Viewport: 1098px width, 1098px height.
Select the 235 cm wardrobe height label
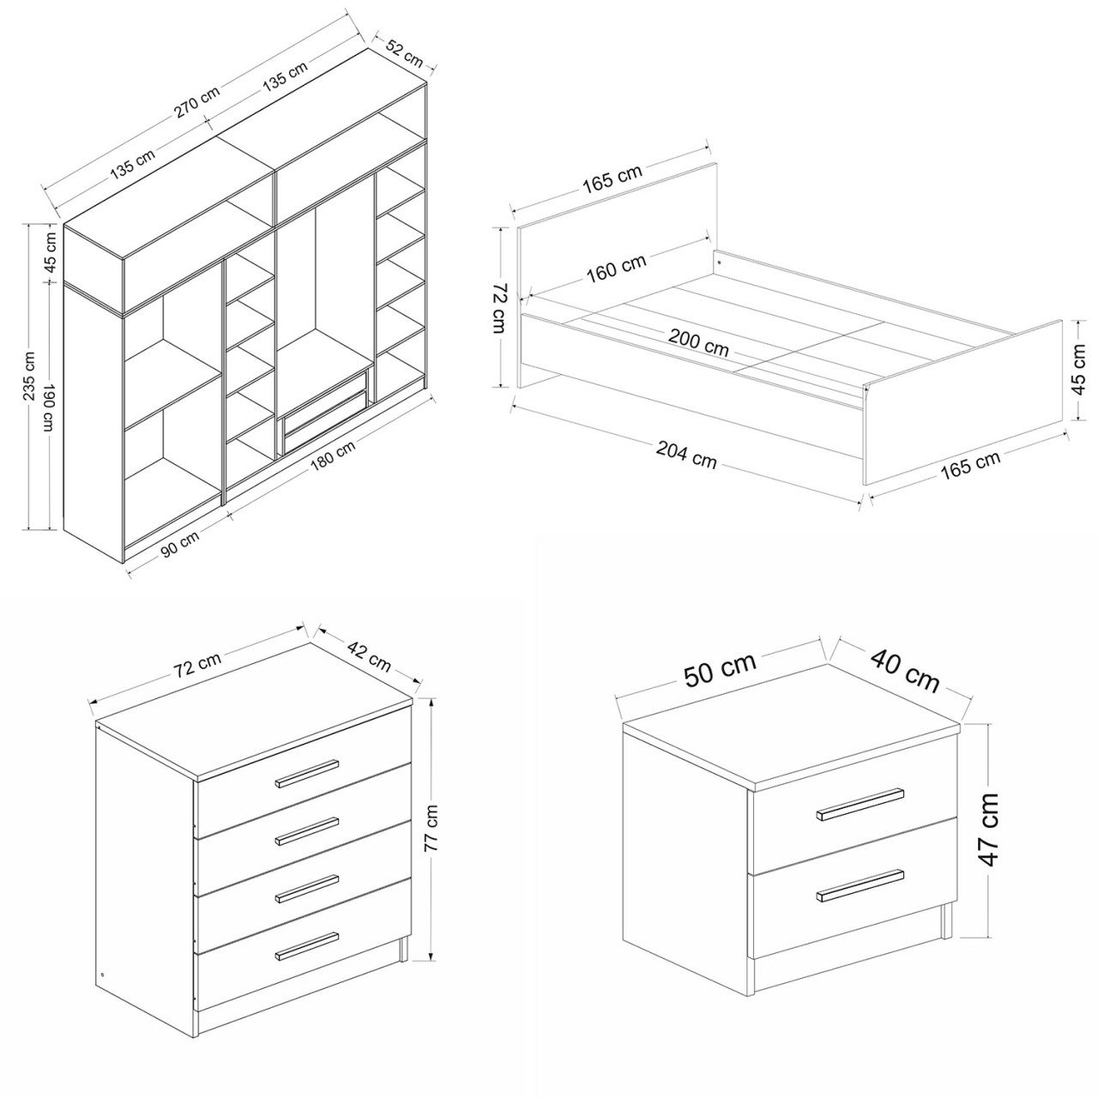30,376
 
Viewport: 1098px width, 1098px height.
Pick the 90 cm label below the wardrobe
181,544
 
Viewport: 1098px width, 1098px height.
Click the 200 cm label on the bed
698,343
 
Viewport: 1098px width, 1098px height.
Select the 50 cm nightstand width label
720,670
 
